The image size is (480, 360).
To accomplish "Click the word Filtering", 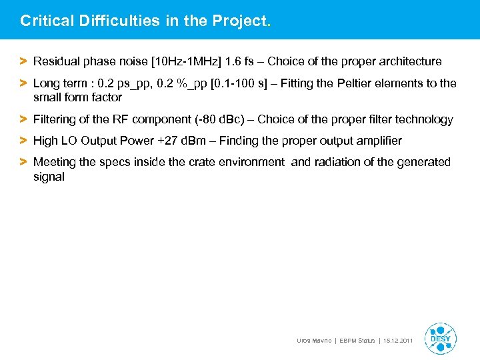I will coord(56,119).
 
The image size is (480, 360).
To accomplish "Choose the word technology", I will coord(423,119).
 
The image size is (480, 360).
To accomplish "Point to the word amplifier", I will coord(378,141).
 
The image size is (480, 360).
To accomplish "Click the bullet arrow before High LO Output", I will coord(23,141).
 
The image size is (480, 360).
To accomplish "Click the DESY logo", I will coord(441,338).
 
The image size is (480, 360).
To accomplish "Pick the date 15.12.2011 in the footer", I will coord(398,341).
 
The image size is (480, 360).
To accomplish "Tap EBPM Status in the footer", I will coord(358,341).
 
